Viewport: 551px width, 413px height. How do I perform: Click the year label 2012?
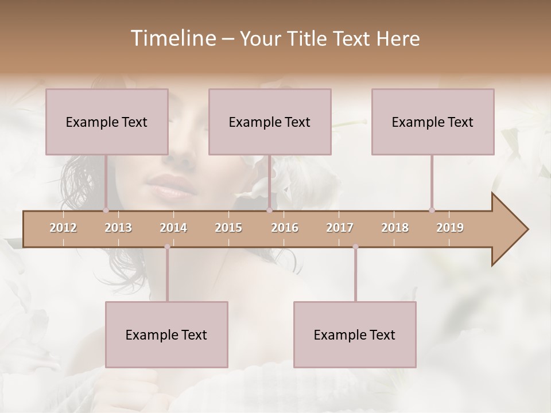click(63, 228)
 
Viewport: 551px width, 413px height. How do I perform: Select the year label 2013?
click(118, 228)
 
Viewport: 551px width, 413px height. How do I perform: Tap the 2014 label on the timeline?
click(173, 228)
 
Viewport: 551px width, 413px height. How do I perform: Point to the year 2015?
click(228, 228)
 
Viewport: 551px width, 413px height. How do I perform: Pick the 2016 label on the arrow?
click(285, 228)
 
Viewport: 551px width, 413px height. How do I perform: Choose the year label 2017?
click(340, 228)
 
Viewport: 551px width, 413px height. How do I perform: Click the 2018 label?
click(395, 228)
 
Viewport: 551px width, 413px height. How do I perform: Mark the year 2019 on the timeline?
click(450, 228)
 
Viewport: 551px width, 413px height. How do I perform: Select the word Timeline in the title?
click(172, 38)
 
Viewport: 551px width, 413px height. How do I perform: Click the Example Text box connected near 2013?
click(107, 122)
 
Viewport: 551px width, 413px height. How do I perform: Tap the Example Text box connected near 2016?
click(270, 122)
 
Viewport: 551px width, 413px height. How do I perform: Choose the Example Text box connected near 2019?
click(433, 122)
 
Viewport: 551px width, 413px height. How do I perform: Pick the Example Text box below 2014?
click(166, 334)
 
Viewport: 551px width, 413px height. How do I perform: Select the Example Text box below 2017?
click(355, 334)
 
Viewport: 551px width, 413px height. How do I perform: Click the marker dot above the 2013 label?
click(106, 210)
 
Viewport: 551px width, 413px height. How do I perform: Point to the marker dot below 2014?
click(167, 247)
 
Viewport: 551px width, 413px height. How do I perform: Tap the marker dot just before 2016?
click(269, 210)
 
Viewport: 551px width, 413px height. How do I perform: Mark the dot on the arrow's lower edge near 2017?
click(355, 247)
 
